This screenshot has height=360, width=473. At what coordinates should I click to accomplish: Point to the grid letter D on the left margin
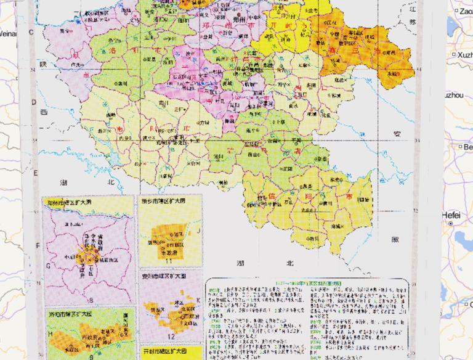tap(31, 104)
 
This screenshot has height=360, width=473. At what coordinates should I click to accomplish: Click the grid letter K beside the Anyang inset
tap(198, 301)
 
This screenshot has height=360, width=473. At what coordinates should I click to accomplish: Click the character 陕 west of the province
tap(43, 64)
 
